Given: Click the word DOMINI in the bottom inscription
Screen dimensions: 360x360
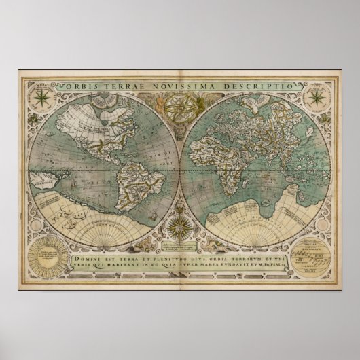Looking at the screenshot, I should [x=87, y=249].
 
